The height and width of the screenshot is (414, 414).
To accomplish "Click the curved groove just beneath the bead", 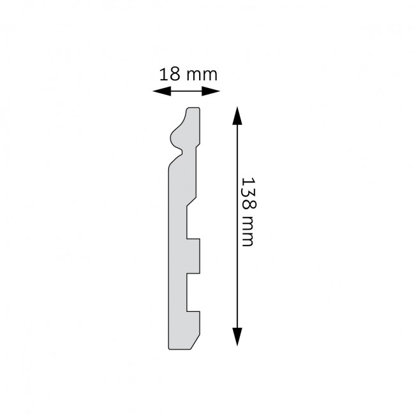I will (x=182, y=151).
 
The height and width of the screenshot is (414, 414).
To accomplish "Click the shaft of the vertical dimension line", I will (x=237, y=268).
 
